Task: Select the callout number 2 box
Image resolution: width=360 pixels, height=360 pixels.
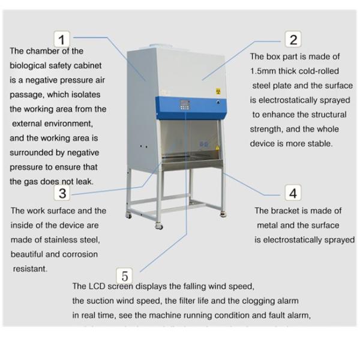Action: (293, 40)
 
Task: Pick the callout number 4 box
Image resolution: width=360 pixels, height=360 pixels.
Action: (293, 193)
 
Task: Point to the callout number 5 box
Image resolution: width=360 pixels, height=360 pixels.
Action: (125, 276)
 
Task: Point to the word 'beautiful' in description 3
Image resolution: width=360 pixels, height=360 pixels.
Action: (29, 254)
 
